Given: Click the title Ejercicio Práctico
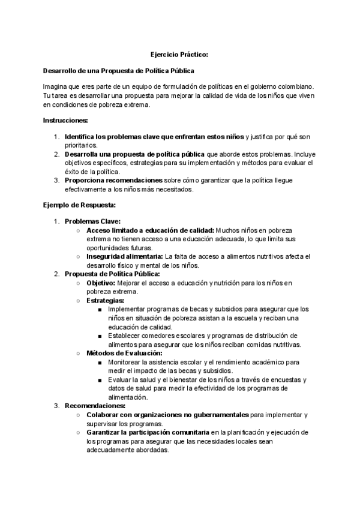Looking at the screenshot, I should coord(179,55).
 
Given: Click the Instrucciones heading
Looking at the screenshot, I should coord(65,120).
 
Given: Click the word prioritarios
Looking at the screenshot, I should coord(82,145).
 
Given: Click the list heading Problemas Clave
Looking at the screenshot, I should coord(92,221).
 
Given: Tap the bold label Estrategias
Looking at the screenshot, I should coord(106,300).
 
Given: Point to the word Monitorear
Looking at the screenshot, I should coord(128,363).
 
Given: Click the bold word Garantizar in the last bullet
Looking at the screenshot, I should coord(106,432).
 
